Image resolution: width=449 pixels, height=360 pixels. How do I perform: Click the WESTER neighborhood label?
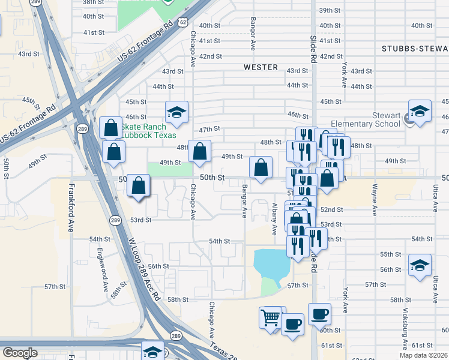(x=261, y=67)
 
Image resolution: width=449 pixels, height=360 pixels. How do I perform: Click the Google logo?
(x=20, y=353)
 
